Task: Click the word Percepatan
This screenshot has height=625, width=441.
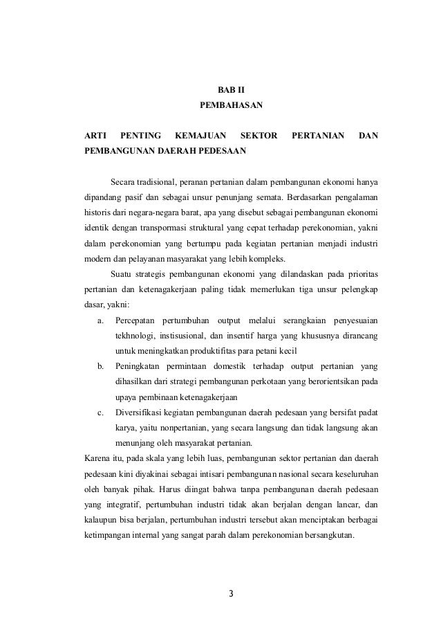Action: pos(135,320)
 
